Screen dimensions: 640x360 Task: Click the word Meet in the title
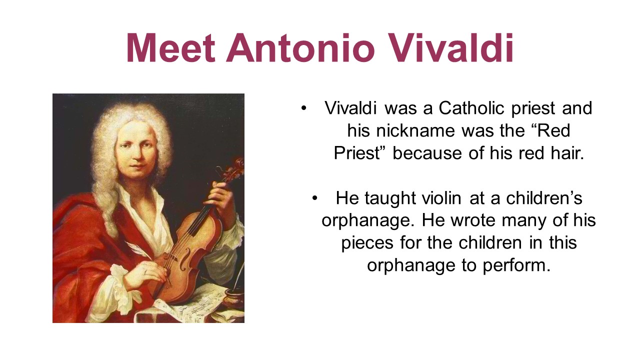[171, 47]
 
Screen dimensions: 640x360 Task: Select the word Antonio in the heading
[300, 47]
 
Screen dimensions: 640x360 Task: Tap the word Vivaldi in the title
[450, 47]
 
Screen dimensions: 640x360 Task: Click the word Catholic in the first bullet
[471, 108]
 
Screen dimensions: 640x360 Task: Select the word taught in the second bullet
[390, 198]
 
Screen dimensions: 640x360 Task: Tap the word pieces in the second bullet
[367, 243]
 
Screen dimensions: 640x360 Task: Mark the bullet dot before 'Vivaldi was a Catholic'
[303, 108]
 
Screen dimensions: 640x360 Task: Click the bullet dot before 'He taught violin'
[315, 198]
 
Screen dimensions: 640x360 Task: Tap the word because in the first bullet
[427, 153]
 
